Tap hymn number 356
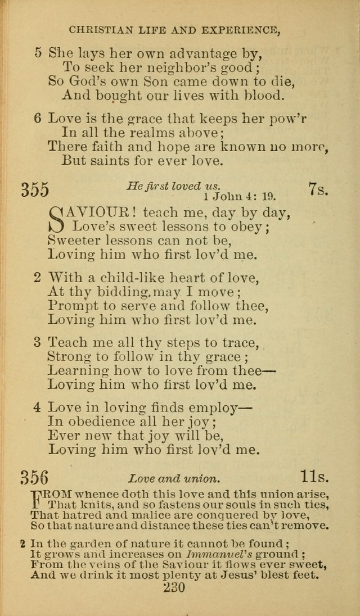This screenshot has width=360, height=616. click(35, 478)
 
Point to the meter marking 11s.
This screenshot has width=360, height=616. click(314, 478)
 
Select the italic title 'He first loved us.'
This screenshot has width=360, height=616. click(174, 186)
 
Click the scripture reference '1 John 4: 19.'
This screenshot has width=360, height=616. click(239, 197)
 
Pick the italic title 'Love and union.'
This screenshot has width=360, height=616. click(173, 479)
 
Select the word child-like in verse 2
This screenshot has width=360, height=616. click(124, 278)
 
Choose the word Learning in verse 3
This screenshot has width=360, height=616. click(78, 371)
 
